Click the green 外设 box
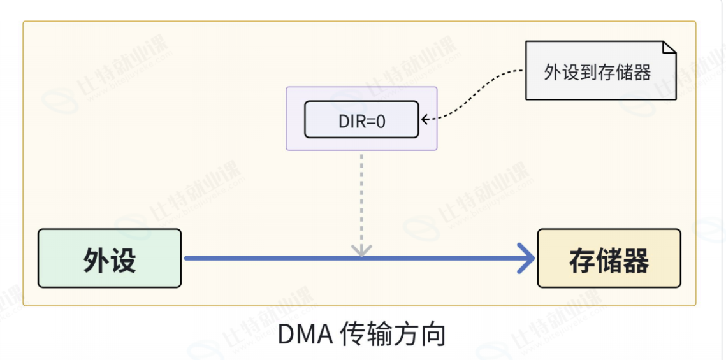click(x=109, y=258)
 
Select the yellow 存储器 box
click(x=609, y=258)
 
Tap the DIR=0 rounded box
click(x=361, y=119)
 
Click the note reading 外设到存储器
click(x=600, y=70)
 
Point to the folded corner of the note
click(x=669, y=48)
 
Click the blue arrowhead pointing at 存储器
click(x=526, y=258)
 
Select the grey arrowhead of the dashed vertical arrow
click(x=361, y=250)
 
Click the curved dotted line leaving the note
click(x=477, y=95)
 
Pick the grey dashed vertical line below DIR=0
click(x=361, y=201)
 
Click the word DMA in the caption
click(x=305, y=335)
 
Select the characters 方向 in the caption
click(x=419, y=335)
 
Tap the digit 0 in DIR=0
click(x=381, y=121)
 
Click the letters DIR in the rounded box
click(x=352, y=121)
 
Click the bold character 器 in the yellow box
click(x=635, y=261)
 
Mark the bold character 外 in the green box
click(x=96, y=261)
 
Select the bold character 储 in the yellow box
click(x=609, y=261)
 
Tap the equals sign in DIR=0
click(x=370, y=121)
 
